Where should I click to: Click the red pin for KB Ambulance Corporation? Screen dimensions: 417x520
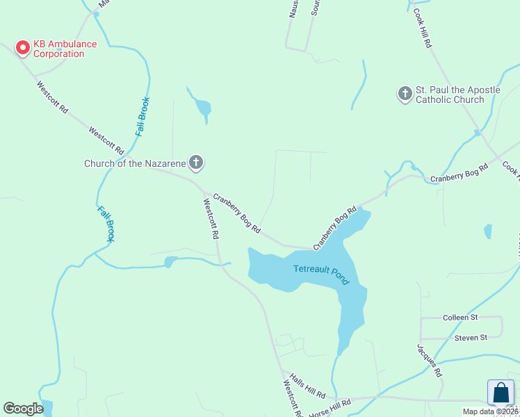tap(22, 47)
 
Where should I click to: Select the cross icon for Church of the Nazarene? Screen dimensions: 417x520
tap(196, 163)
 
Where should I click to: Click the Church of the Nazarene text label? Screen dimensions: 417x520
tap(135, 164)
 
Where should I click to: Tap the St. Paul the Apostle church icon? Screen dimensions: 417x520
tap(405, 94)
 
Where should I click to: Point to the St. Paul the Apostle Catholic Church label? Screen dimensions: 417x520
tap(450, 95)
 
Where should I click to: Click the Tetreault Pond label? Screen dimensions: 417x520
tap(320, 273)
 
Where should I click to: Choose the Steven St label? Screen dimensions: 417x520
tap(471, 338)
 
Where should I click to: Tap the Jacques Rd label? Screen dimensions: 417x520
tap(430, 360)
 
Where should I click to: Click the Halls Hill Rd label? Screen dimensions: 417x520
tap(308, 384)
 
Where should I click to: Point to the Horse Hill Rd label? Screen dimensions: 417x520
tap(331, 407)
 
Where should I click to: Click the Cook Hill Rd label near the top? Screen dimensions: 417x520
tap(423, 28)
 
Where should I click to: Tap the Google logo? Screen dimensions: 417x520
tap(23, 408)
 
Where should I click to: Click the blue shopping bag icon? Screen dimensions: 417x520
tap(501, 393)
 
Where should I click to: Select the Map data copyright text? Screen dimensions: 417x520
tap(491, 411)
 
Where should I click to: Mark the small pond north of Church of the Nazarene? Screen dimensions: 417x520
tap(202, 108)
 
